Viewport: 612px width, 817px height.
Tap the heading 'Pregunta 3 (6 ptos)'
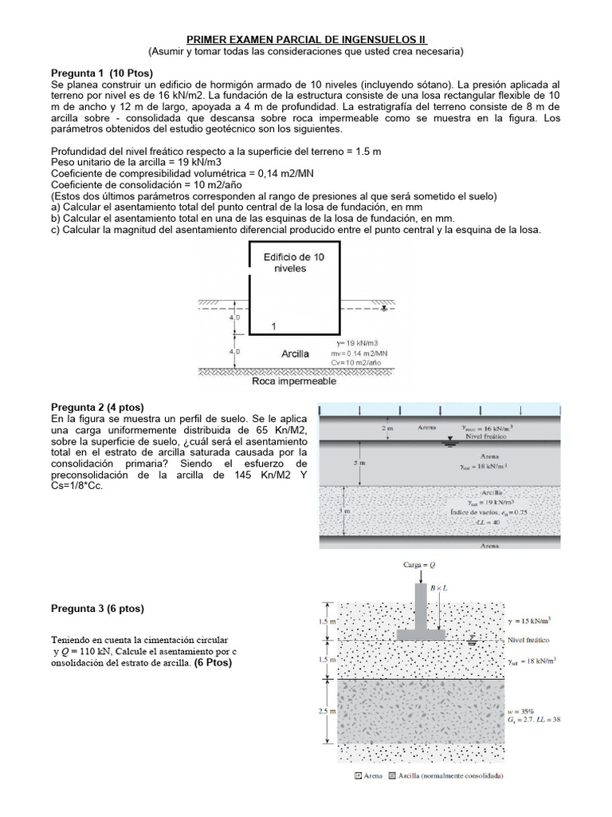click(x=97, y=609)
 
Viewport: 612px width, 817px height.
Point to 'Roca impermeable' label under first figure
click(x=293, y=381)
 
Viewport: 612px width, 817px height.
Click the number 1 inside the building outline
click(x=273, y=326)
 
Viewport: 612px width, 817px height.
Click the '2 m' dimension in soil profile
click(x=387, y=428)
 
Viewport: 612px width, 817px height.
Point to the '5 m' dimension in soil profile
click(x=360, y=462)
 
